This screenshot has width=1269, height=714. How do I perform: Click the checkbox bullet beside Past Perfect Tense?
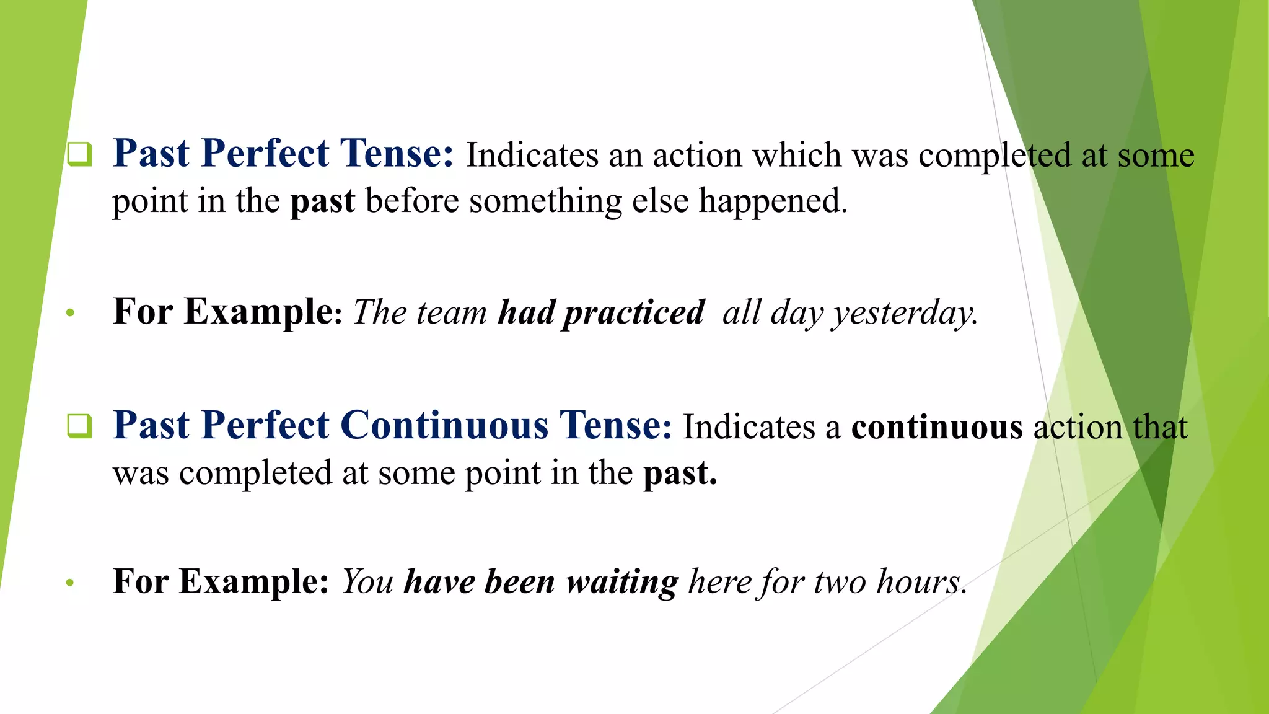(79, 154)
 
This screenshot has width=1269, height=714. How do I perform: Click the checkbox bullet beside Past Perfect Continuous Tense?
(79, 426)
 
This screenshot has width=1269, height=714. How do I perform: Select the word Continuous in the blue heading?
(444, 426)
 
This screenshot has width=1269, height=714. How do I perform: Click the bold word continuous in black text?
(937, 428)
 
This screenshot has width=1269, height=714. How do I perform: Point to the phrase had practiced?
(601, 312)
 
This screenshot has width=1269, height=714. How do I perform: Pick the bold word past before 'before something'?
(323, 202)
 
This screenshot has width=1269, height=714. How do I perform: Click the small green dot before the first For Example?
(70, 313)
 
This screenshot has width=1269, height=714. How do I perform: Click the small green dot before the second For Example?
(70, 583)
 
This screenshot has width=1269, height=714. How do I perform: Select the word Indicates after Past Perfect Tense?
(532, 155)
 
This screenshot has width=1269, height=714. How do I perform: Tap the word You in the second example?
(367, 582)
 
